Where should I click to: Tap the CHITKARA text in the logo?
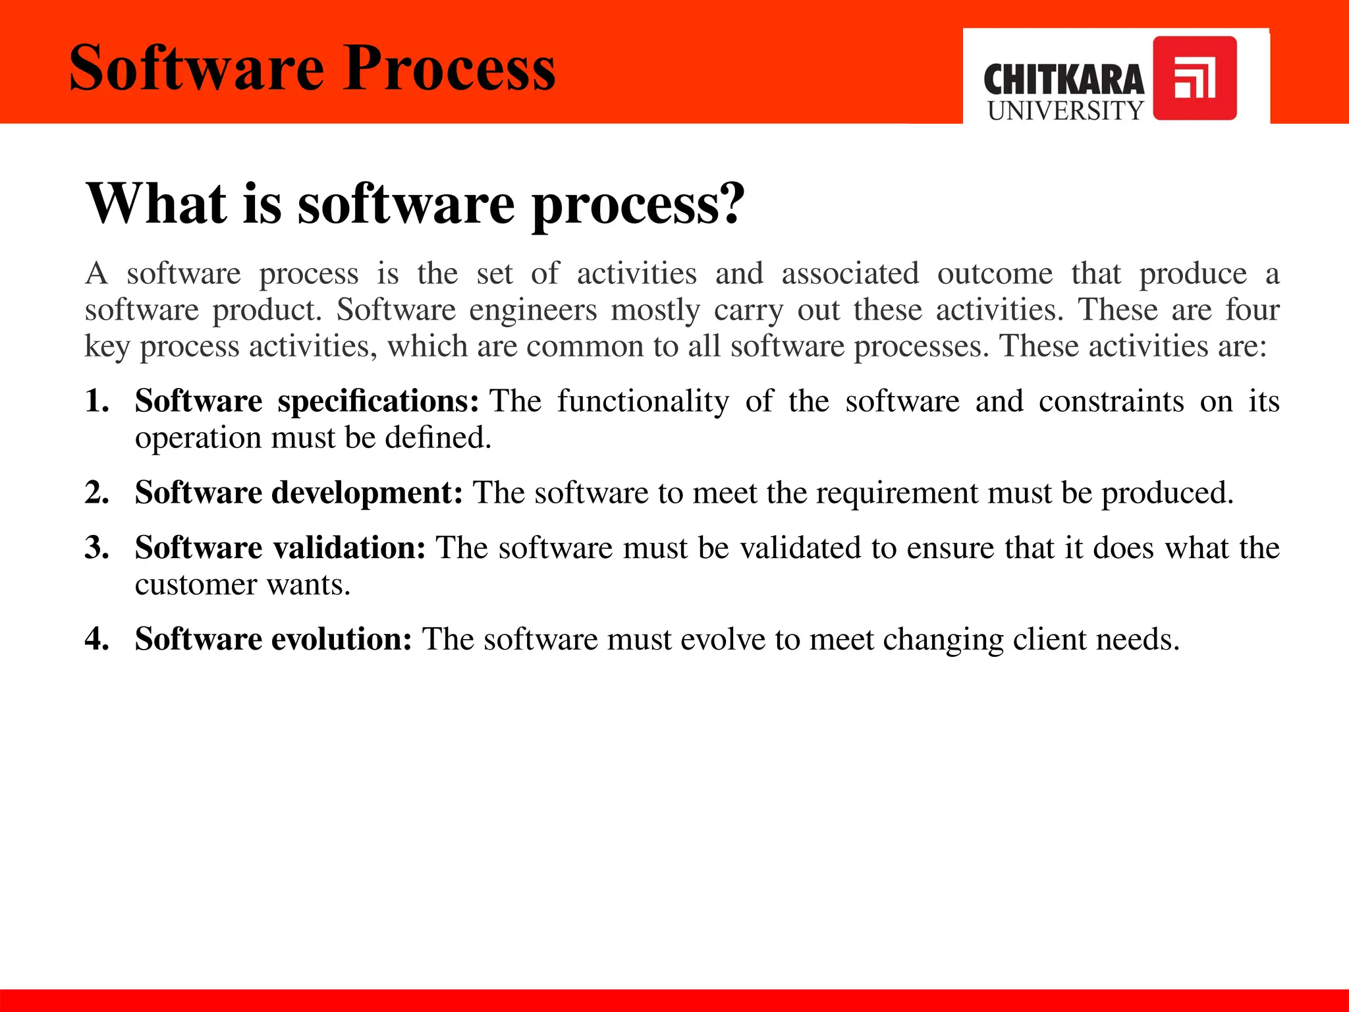click(1063, 80)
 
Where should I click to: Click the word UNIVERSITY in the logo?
click(1065, 111)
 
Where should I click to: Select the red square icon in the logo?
click(1194, 78)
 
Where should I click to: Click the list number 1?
click(96, 401)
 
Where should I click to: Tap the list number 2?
click(96, 493)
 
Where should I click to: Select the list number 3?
click(96, 548)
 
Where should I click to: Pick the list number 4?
click(96, 639)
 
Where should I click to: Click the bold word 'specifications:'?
click(377, 402)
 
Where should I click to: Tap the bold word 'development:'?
click(367, 493)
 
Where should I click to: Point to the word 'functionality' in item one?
click(643, 402)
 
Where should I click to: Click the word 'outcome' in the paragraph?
click(995, 273)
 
